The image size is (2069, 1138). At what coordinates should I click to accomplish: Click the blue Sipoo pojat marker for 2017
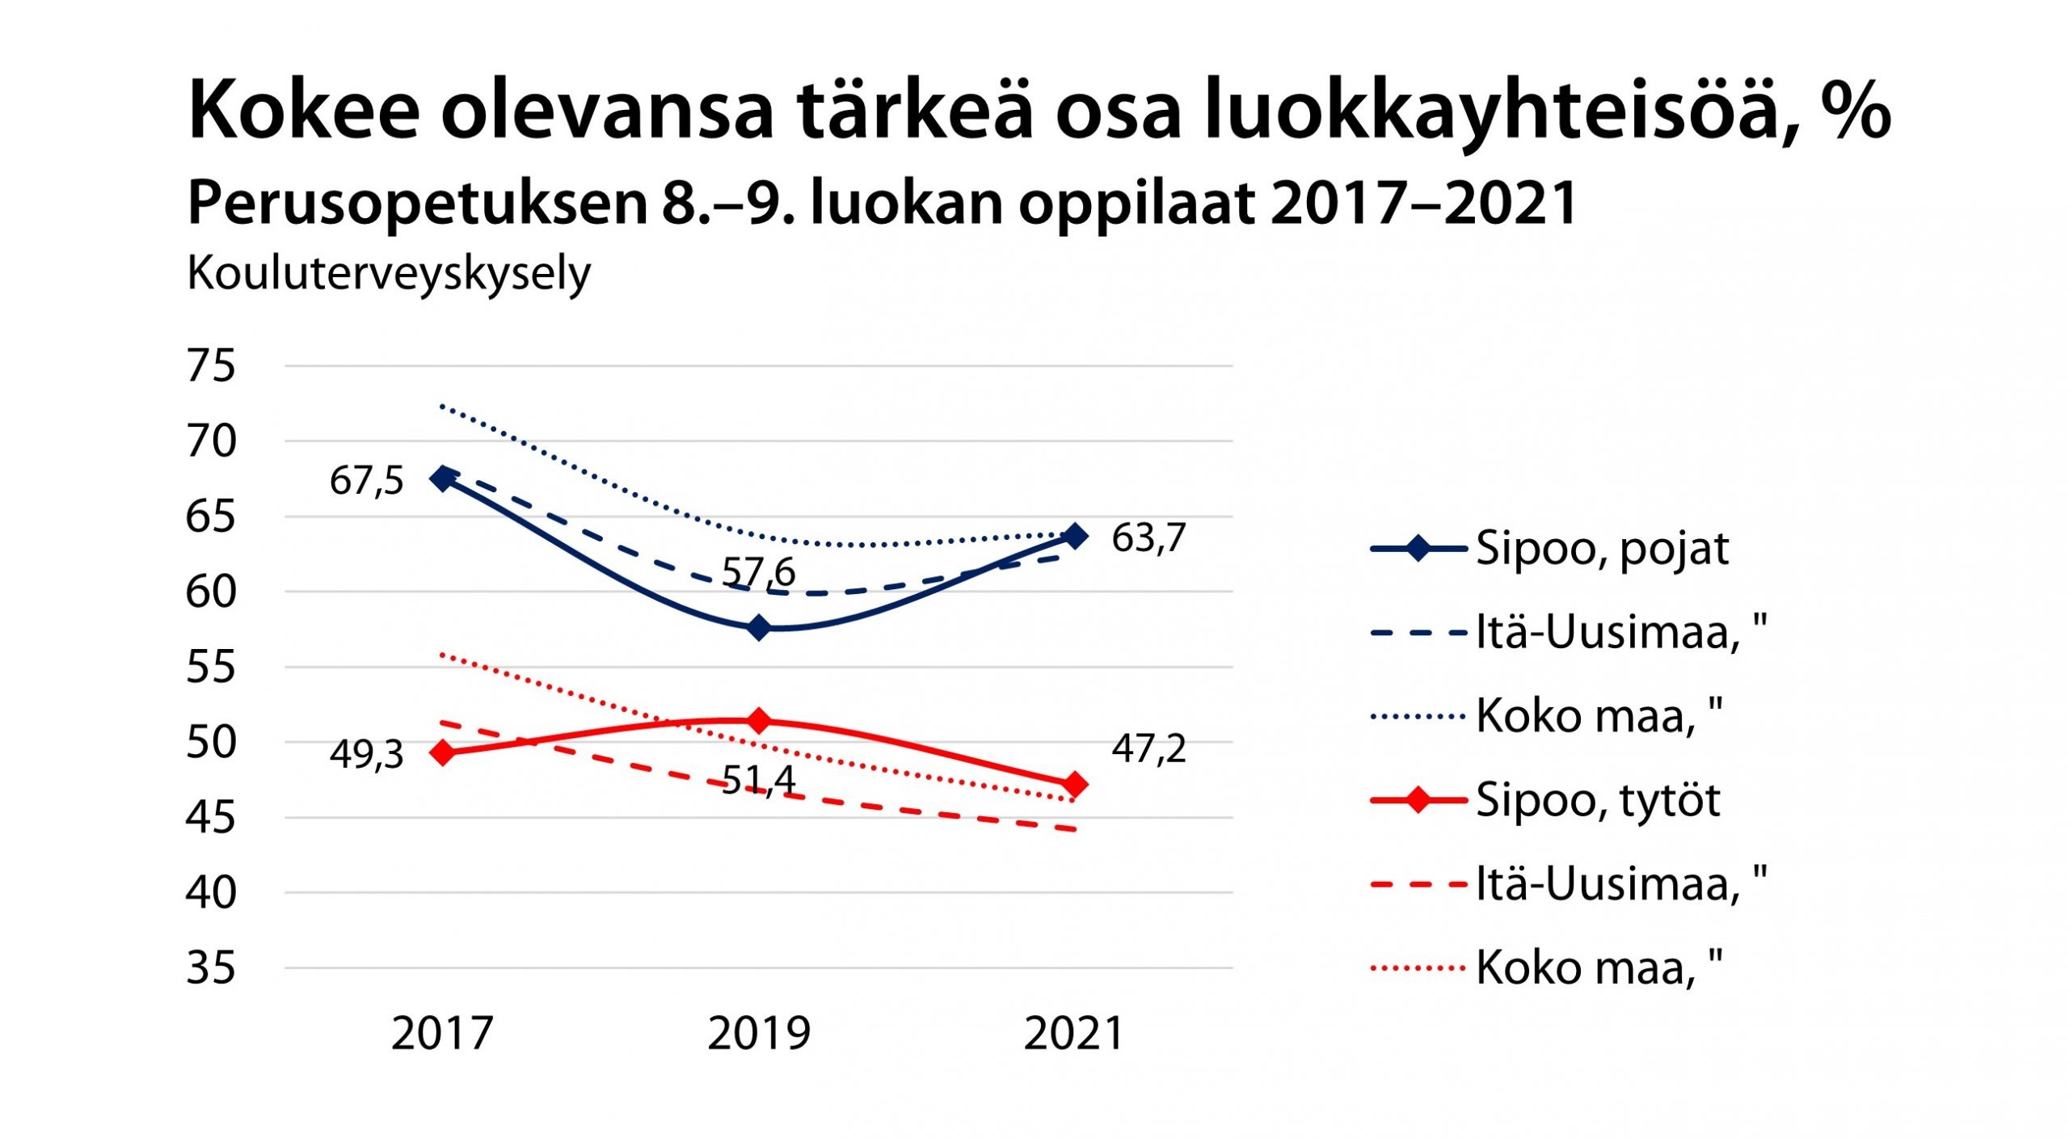click(x=443, y=478)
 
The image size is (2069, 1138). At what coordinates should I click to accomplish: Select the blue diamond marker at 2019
click(x=759, y=628)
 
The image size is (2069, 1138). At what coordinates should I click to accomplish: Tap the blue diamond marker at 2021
click(x=1075, y=536)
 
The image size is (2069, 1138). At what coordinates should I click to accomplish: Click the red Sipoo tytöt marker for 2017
click(x=443, y=752)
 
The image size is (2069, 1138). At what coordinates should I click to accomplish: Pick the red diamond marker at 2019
click(x=759, y=720)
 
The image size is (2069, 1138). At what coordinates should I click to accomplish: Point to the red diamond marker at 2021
click(x=1075, y=784)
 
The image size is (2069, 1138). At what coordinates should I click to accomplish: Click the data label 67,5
click(x=366, y=481)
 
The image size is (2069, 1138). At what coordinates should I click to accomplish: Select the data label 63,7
click(x=1148, y=538)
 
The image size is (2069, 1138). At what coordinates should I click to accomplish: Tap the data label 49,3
click(x=366, y=754)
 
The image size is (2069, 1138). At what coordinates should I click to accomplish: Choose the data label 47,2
click(x=1148, y=748)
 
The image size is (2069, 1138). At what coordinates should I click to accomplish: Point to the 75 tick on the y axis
click(x=211, y=366)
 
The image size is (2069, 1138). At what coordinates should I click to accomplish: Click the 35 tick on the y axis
click(x=211, y=968)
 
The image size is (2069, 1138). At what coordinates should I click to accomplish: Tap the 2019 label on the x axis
click(x=759, y=1034)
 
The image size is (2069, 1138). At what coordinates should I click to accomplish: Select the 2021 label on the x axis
click(x=1074, y=1034)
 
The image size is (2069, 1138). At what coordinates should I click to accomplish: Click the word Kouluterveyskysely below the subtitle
click(x=389, y=274)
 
